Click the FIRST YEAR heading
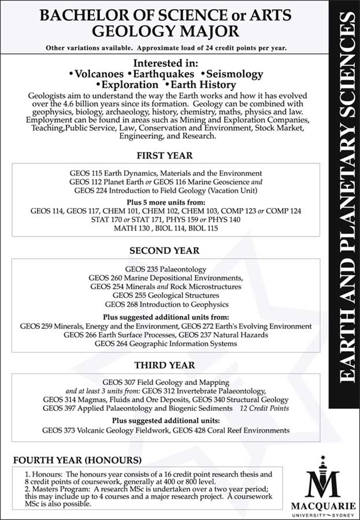pyautogui.click(x=165, y=155)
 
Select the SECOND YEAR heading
pyautogui.click(x=165, y=251)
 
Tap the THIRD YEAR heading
pyautogui.click(x=165, y=365)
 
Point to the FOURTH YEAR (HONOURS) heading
pyautogui.click(x=77, y=460)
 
